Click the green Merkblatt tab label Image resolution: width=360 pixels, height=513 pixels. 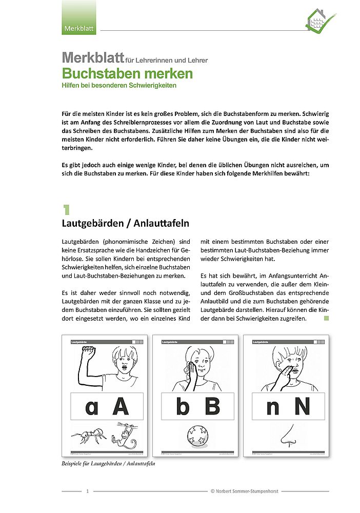78,28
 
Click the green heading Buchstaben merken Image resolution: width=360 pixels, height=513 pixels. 127,74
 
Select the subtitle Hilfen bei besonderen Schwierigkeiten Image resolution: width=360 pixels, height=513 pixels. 119,86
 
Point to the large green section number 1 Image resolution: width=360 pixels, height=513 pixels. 66,209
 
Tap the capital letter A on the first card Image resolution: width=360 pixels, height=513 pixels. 121,406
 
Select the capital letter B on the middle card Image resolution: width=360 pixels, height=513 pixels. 212,406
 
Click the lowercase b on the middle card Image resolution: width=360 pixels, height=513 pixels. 183,406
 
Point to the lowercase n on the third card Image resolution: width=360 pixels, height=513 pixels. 273,406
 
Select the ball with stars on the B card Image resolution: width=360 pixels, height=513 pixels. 198,436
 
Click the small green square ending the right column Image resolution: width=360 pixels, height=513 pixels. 326,319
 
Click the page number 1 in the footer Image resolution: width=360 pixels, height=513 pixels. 88,491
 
